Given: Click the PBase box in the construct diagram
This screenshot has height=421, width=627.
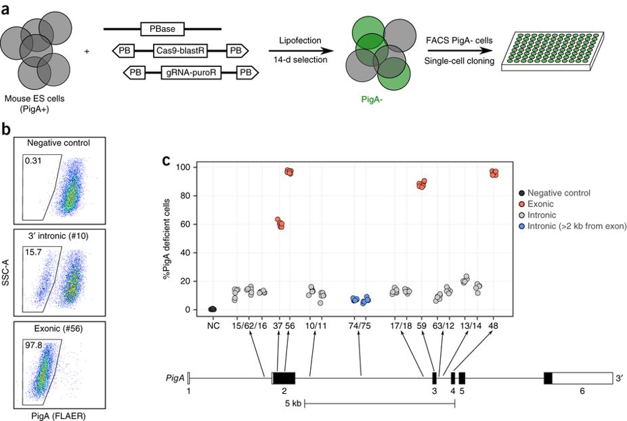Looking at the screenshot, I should (x=162, y=29).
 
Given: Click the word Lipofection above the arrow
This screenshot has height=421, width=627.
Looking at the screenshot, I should (x=301, y=41).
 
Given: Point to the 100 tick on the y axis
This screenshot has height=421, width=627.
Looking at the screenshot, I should (x=180, y=167).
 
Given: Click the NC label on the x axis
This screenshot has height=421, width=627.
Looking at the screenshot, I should (x=213, y=324).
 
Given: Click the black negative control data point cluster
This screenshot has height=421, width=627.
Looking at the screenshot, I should (x=212, y=309).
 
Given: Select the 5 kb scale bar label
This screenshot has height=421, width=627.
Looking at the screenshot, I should (x=293, y=404).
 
